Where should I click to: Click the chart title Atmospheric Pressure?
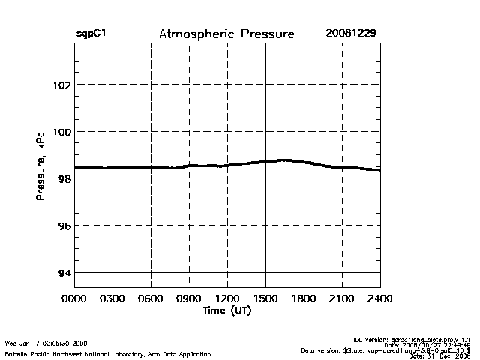pyautogui.click(x=226, y=34)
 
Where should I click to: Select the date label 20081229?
pyautogui.click(x=351, y=34)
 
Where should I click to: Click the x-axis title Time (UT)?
pyautogui.click(x=226, y=310)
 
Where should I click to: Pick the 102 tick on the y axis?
pyautogui.click(x=61, y=85)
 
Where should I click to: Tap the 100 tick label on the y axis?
pyautogui.click(x=61, y=132)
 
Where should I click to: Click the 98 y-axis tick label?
pyautogui.click(x=63, y=178)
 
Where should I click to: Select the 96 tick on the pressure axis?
pyautogui.click(x=63, y=226)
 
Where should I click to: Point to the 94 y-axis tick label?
pyautogui.click(x=63, y=273)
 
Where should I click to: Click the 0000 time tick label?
pyautogui.click(x=74, y=298)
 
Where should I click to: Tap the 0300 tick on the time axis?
pyautogui.click(x=112, y=298)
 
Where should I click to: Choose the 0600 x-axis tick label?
pyautogui.click(x=151, y=298)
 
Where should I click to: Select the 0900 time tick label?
pyautogui.click(x=189, y=298)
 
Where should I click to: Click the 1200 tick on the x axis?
pyautogui.click(x=227, y=298)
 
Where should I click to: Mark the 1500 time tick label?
pyautogui.click(x=265, y=298)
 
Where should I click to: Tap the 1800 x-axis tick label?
pyautogui.click(x=304, y=298)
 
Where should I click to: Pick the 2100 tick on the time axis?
pyautogui.click(x=342, y=298)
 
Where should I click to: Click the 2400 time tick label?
pyautogui.click(x=380, y=298)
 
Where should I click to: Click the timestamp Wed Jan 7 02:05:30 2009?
pyautogui.click(x=46, y=343)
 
